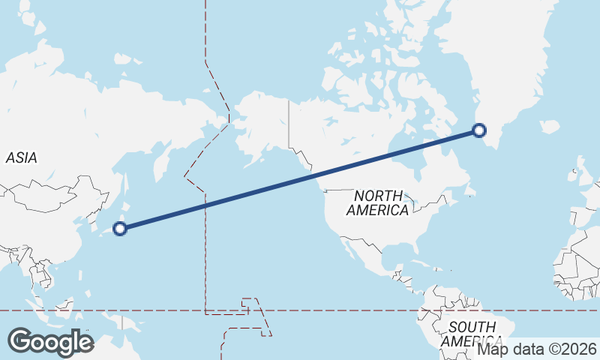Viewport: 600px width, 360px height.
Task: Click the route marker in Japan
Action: click(119, 229)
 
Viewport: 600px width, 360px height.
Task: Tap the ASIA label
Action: click(21, 157)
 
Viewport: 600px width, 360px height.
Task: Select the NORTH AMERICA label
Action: click(377, 203)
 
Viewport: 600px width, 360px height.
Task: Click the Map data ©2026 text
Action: click(537, 349)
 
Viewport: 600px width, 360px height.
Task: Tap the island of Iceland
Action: click(550, 126)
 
